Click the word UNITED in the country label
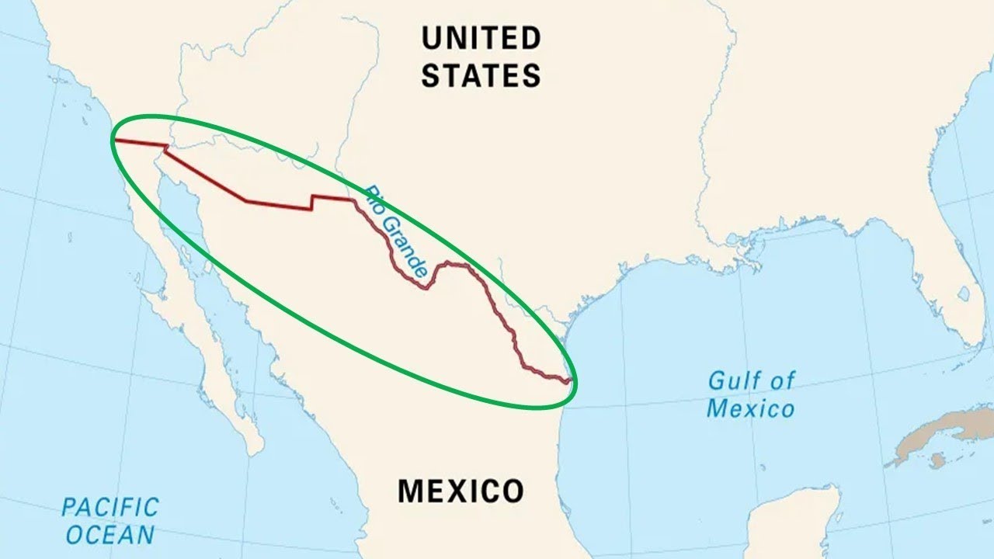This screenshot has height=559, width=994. pos(481,37)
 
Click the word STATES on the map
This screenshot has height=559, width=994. pos(481,76)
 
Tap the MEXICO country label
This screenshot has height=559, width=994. pos(461,491)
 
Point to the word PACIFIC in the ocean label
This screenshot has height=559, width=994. pos(110,508)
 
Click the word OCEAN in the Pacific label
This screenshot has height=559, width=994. pos(110,535)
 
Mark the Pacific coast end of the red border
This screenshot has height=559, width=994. pos(116,141)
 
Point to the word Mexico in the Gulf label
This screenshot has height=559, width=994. pos(750,408)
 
